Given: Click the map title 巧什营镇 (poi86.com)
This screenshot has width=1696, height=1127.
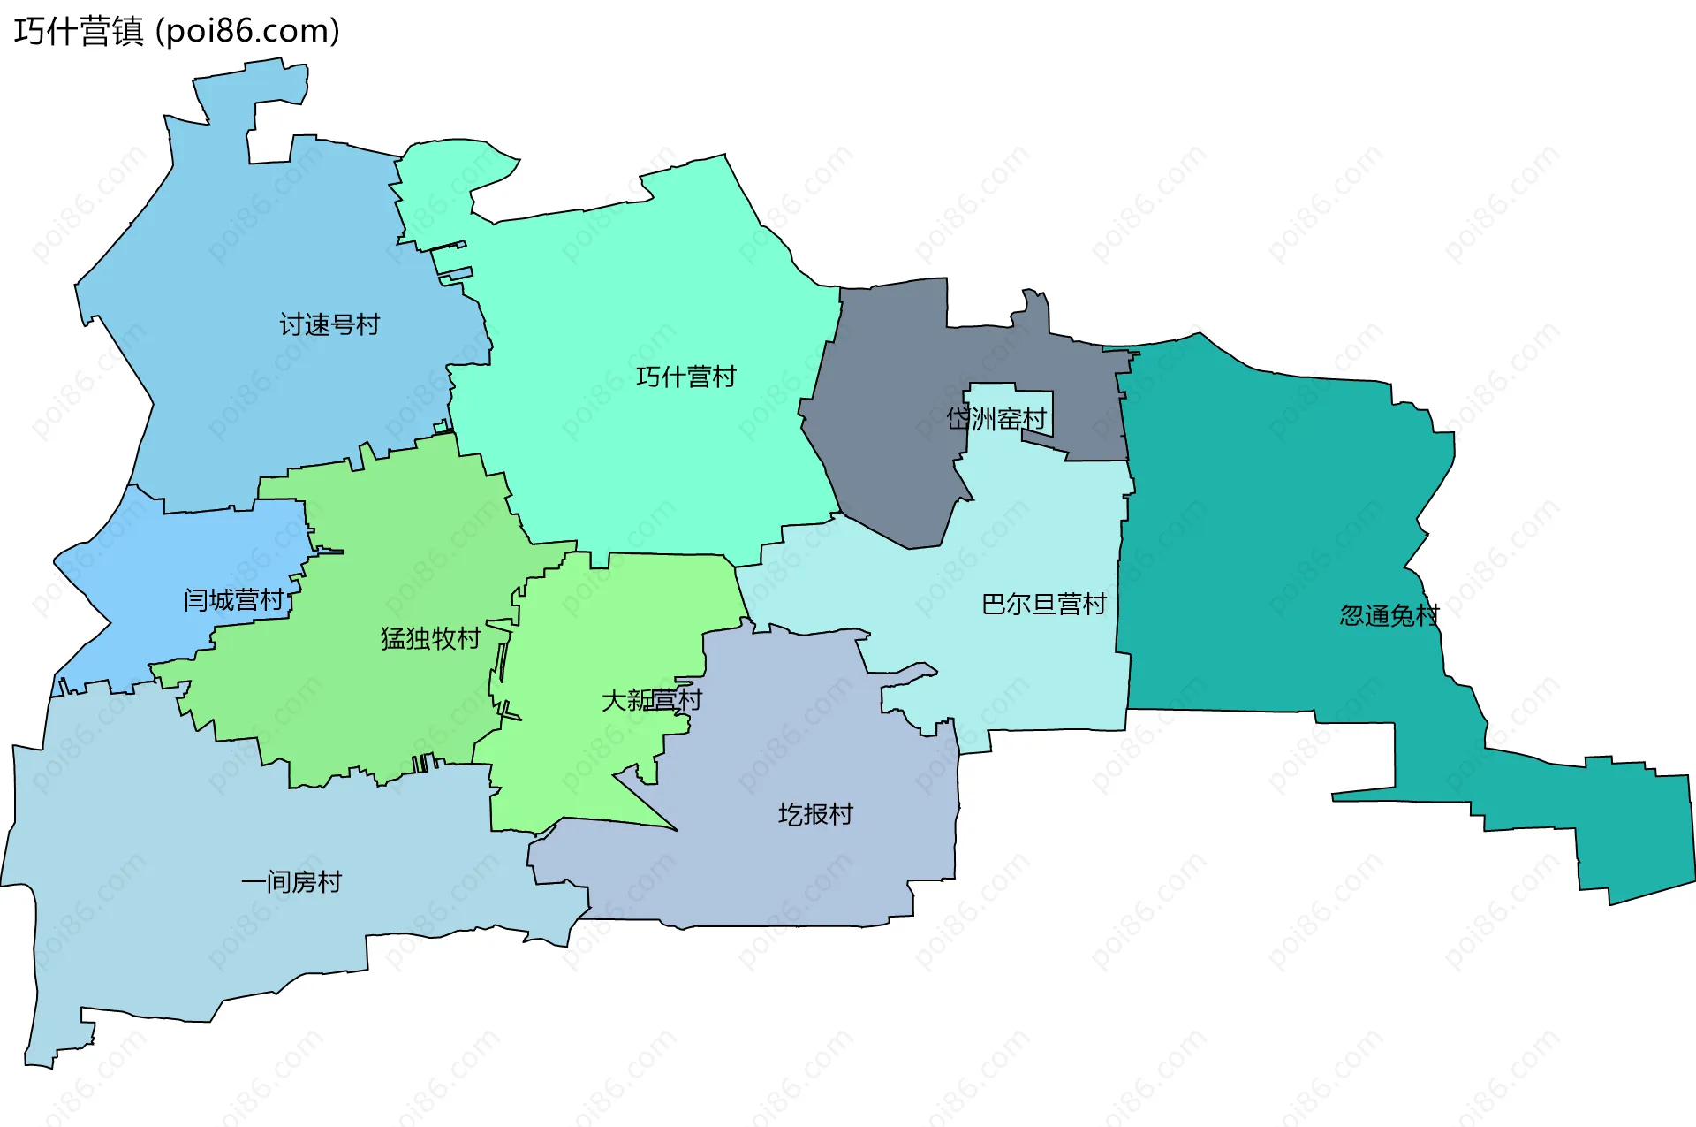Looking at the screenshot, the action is click(x=177, y=32).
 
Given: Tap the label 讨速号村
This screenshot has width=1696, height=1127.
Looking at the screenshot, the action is click(x=329, y=324).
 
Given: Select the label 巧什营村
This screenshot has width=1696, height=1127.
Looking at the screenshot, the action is click(x=685, y=377).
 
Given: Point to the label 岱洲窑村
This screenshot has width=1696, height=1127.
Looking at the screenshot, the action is click(x=996, y=418).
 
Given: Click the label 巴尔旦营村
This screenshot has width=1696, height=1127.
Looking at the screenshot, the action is click(x=1043, y=604).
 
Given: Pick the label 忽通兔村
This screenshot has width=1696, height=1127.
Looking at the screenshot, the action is click(x=1389, y=614).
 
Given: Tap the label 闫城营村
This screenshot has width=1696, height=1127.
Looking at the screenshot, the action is click(x=234, y=600).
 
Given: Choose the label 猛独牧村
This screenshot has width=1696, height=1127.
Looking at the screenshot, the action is click(x=430, y=637).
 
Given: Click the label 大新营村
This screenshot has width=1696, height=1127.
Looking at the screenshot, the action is click(x=651, y=700).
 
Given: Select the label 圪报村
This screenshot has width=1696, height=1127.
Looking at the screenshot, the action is click(x=815, y=814).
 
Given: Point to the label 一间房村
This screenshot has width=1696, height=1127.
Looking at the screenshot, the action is click(x=291, y=881).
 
